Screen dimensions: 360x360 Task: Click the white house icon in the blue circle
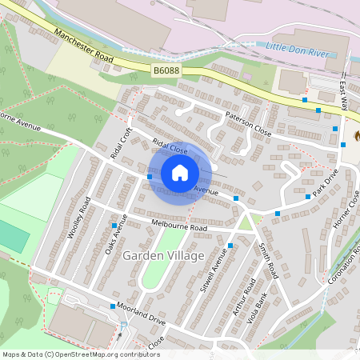(180, 173)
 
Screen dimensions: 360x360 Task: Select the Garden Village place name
(164, 255)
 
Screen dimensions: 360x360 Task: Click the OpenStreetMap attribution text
(80, 354)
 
